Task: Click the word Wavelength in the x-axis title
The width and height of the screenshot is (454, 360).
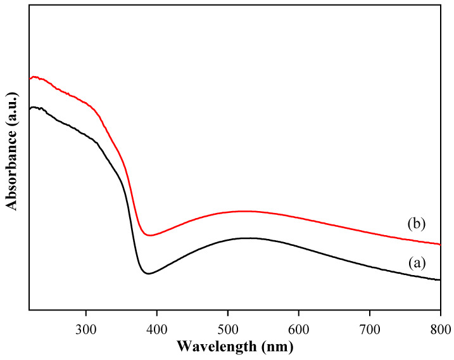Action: point(213,347)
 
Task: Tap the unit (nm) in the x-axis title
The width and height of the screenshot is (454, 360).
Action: point(278,347)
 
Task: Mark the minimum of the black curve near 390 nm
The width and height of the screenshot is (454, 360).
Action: point(148,274)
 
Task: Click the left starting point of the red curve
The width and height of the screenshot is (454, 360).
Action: point(30,79)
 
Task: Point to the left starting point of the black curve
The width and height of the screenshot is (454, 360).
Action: point(30,109)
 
